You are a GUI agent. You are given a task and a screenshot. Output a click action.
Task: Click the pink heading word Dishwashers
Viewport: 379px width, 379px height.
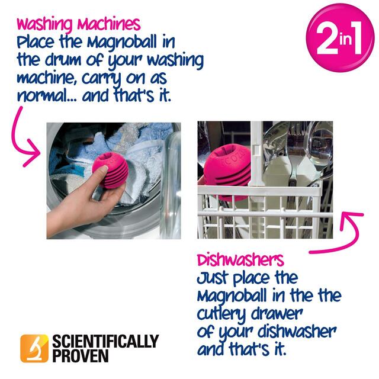(x=240, y=259)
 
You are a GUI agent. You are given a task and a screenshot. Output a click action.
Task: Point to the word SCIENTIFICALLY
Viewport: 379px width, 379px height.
(x=106, y=341)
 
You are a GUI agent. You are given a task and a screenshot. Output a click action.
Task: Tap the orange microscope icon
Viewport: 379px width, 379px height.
(x=34, y=348)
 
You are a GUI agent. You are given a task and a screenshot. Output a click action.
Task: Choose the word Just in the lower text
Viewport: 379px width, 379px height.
(x=212, y=277)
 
